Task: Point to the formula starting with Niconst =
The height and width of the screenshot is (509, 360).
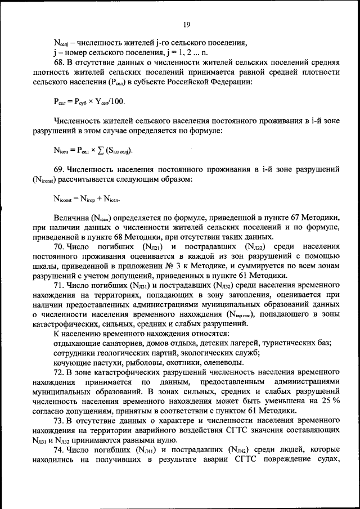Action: coord(87,198)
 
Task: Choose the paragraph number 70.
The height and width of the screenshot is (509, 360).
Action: coord(59,246)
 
